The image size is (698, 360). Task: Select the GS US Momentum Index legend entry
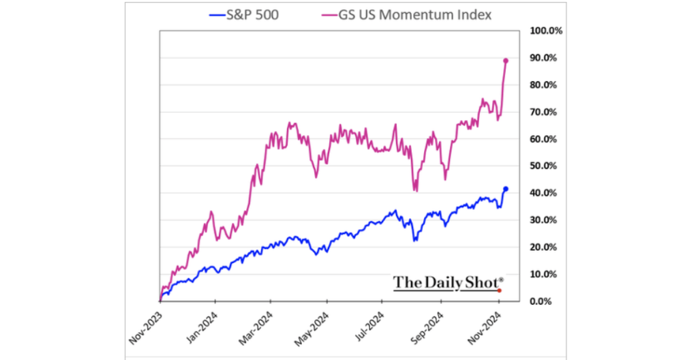[x=403, y=14]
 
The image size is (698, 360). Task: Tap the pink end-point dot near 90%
[x=506, y=61]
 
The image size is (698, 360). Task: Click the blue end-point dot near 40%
[x=506, y=189]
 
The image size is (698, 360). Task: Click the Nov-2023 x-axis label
[x=145, y=326]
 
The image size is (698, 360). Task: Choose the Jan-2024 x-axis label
[x=201, y=326]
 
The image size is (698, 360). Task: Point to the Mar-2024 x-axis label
[x=258, y=326]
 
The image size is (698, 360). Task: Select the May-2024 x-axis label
[x=314, y=326]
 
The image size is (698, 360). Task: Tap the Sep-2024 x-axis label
[x=428, y=326]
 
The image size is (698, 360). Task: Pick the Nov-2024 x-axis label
[x=485, y=326]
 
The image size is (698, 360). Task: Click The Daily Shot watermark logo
[x=448, y=282]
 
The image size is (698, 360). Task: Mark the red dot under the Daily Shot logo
[x=500, y=290]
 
